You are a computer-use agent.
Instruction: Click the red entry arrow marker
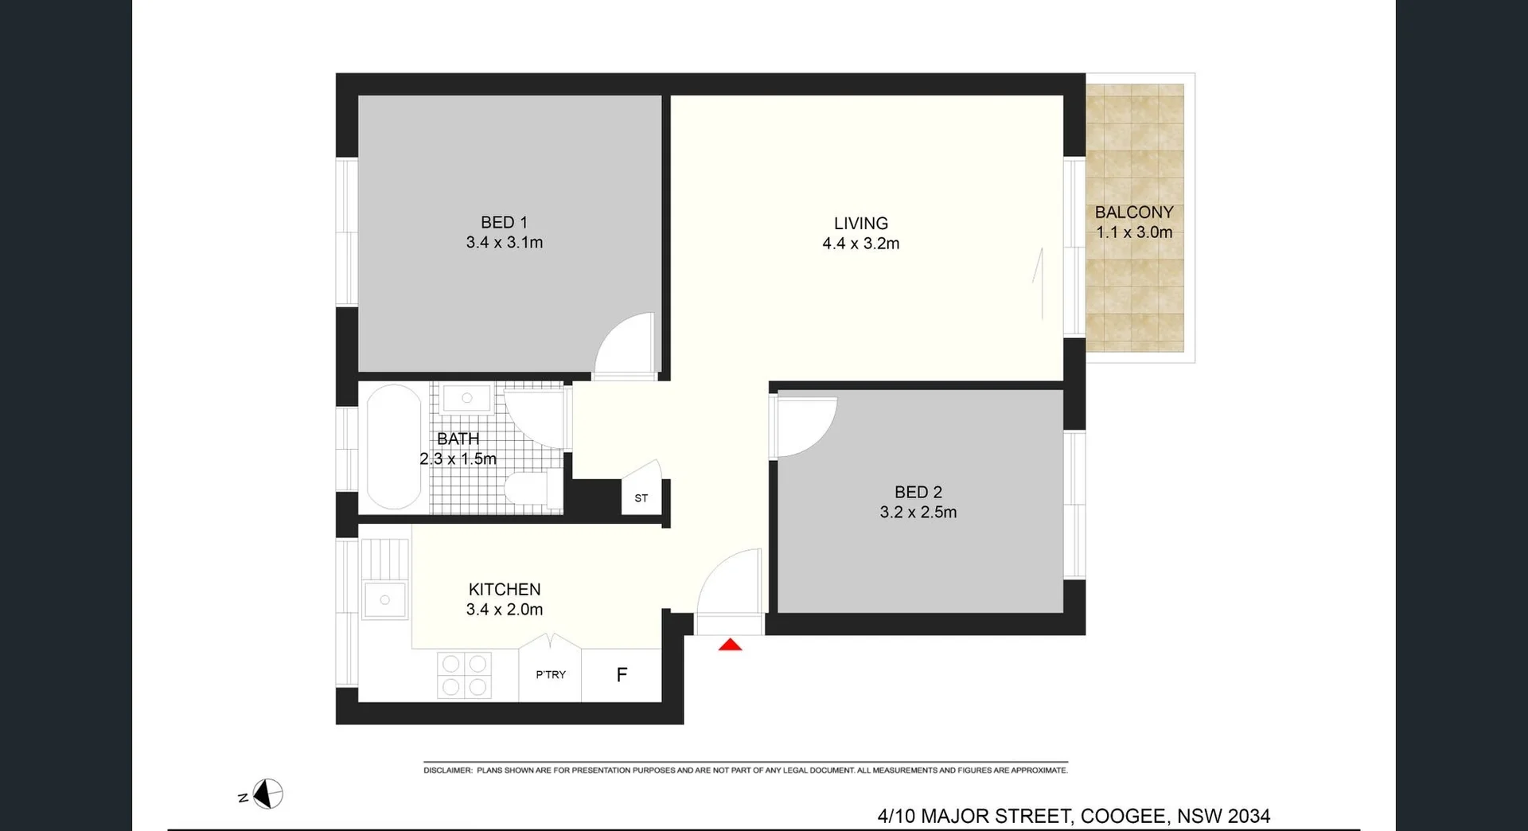point(730,645)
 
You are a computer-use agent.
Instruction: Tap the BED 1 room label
point(504,223)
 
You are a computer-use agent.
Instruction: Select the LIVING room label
point(860,224)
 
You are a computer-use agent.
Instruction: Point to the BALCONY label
point(1133,213)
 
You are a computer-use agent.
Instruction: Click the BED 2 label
point(918,492)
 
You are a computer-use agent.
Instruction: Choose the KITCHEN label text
point(505,589)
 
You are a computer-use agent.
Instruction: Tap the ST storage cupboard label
point(641,498)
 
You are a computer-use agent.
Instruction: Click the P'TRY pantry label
point(551,674)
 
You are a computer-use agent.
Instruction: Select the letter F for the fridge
point(622,675)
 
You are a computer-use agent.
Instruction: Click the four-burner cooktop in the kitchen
point(465,675)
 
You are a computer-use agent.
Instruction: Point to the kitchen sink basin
point(384,600)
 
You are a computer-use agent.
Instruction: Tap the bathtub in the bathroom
point(394,447)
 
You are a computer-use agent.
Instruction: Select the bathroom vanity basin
point(467,397)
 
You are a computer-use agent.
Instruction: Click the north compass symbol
point(267,794)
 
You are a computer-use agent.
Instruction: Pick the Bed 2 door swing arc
point(805,427)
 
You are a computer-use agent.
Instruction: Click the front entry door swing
point(728,583)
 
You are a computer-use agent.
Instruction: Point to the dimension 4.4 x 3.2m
point(860,244)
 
